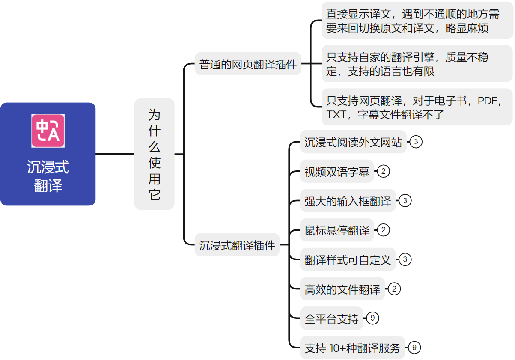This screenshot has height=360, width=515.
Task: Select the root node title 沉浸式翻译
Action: point(48,176)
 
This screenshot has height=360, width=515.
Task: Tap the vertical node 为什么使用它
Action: point(154,154)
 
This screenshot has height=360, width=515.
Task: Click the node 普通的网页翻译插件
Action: point(248,65)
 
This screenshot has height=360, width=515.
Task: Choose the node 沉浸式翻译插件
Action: point(237,245)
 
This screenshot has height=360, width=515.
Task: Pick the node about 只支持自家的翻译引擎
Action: point(417,64)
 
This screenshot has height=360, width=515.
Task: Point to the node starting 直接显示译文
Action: point(417,21)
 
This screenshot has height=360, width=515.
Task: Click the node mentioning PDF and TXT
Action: point(417,107)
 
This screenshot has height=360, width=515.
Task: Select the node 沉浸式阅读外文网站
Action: point(353,142)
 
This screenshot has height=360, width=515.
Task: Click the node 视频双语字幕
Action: point(336,172)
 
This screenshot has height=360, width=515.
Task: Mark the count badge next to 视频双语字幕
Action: point(384,172)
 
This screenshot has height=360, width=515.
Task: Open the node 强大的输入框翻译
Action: point(348,201)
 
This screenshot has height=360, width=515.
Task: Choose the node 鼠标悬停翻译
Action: point(336,230)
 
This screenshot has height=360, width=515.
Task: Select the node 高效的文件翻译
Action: point(342,289)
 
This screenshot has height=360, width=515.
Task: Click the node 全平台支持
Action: point(331,318)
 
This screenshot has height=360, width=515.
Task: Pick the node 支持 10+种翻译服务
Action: point(352,348)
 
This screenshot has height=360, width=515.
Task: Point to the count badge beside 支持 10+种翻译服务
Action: point(414,348)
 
